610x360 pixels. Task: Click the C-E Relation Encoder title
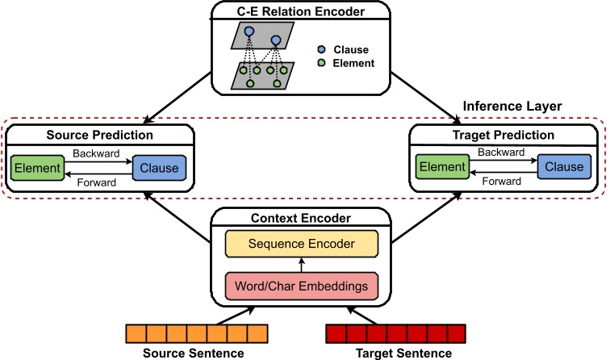(x=300, y=11)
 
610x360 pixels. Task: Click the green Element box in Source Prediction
(x=36, y=168)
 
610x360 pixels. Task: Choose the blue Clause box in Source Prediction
(x=160, y=168)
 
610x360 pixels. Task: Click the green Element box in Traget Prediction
(x=441, y=168)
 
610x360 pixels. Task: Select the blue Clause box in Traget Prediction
(x=564, y=168)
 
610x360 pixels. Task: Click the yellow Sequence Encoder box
(x=301, y=243)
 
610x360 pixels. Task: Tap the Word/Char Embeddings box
(x=301, y=285)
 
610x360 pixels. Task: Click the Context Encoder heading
(x=300, y=219)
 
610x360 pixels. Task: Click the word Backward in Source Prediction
(x=96, y=153)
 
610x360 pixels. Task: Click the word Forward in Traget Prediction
(x=501, y=182)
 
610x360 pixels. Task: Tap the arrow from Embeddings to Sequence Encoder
(x=301, y=264)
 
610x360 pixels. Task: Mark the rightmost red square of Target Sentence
(x=457, y=333)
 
